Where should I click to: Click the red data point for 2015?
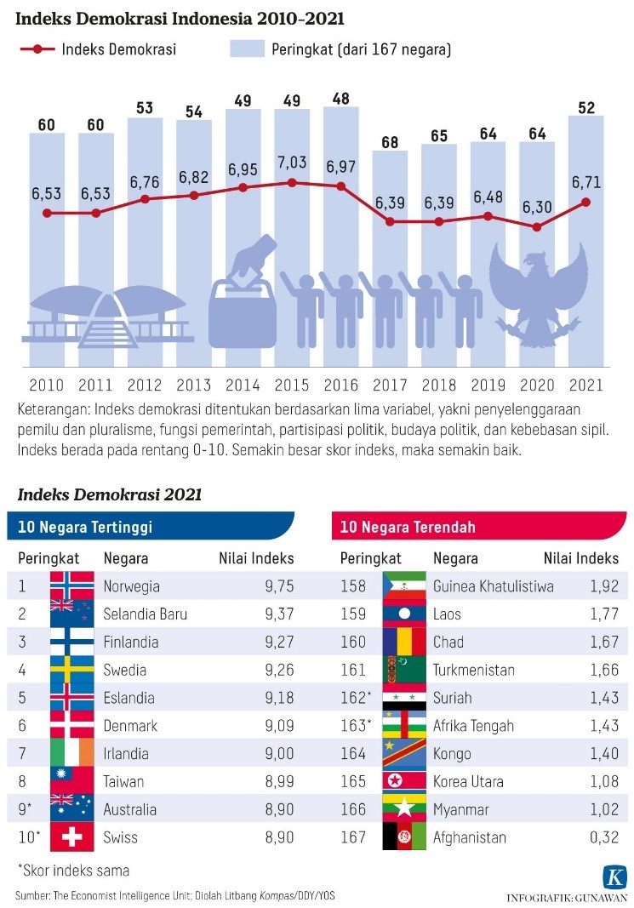click(292, 183)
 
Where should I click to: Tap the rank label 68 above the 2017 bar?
click(389, 142)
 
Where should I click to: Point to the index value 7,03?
click(292, 162)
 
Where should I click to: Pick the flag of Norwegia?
click(71, 585)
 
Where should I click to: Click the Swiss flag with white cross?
click(71, 837)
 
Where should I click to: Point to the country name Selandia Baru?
click(145, 614)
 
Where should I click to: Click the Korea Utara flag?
click(399, 781)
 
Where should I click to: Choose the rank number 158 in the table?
click(353, 585)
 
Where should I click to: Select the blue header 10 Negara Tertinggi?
click(84, 527)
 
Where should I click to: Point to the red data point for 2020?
click(535, 227)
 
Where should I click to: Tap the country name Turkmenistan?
click(473, 670)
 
